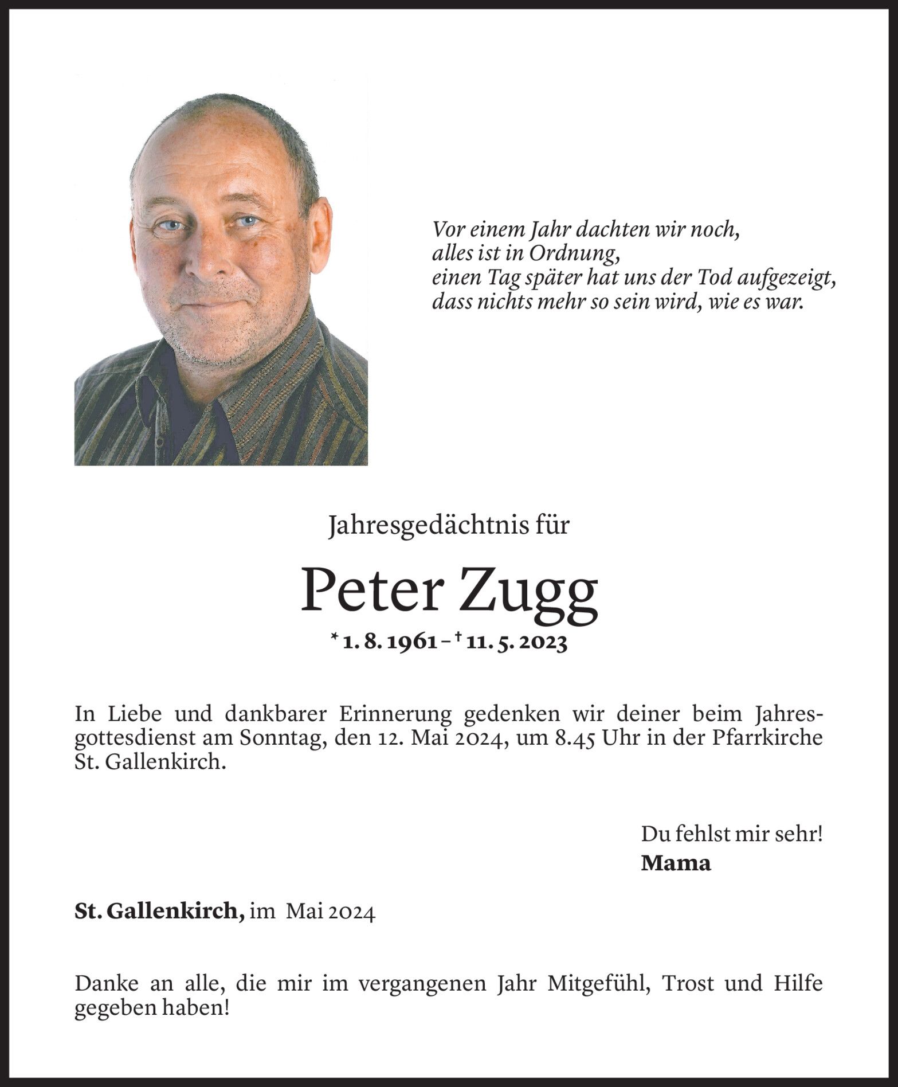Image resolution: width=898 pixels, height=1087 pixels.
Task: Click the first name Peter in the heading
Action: [372, 590]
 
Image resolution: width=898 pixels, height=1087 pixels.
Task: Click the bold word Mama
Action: [676, 863]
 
